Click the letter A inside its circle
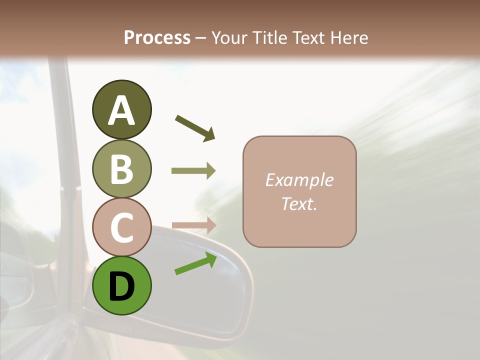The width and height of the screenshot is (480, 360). [121, 111]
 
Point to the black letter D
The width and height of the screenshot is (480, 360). [121, 286]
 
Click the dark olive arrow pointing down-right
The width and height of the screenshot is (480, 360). [195, 128]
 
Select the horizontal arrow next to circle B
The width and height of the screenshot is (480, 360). [193, 171]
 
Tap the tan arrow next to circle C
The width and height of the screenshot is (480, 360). [193, 225]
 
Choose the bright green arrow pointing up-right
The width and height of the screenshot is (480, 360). [195, 263]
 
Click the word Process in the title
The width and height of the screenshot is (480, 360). [157, 37]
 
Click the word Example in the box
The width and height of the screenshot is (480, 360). [299, 180]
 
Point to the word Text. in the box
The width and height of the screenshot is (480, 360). [299, 203]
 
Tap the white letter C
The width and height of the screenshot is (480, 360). [121, 227]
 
